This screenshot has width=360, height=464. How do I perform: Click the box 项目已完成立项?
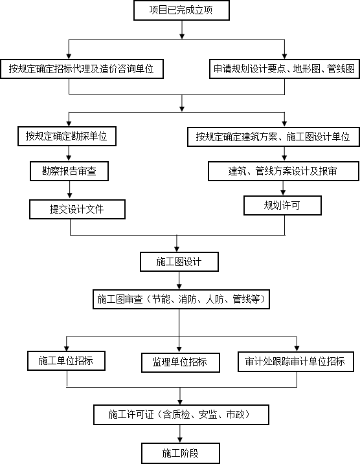click(181, 10)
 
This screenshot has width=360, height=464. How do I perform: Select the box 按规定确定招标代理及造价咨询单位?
click(82, 69)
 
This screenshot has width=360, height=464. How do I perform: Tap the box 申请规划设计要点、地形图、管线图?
click(284, 69)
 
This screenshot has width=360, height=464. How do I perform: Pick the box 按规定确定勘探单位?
click(67, 136)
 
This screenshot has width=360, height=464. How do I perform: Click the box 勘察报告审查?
click(69, 171)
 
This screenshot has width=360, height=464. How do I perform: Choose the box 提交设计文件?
click(77, 209)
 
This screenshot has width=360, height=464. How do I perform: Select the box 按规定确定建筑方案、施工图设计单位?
click(273, 137)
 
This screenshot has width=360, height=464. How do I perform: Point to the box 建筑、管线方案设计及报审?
click(284, 171)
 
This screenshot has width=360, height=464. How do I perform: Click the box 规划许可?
click(282, 205)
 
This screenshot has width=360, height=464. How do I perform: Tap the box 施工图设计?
click(179, 261)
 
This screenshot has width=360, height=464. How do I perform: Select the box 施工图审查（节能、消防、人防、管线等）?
click(181, 299)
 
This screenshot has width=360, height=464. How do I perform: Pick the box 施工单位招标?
click(66, 360)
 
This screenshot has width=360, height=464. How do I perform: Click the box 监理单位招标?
click(181, 362)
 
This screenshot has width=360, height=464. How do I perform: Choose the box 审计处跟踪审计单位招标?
click(296, 361)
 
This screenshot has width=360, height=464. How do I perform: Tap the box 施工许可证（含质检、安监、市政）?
click(181, 415)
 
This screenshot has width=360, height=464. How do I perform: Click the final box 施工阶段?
click(181, 453)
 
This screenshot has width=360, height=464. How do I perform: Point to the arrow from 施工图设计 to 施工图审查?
click(179, 280)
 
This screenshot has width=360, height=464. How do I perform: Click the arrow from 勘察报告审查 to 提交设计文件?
click(69, 190)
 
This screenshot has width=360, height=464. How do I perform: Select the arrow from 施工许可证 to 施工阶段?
click(180, 434)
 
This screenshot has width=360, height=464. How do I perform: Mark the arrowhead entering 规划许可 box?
click(283, 193)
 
